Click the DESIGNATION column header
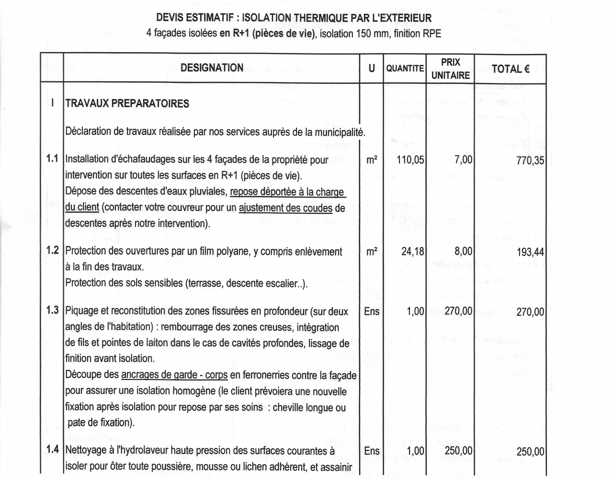pos(212,68)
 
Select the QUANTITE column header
pos(405,68)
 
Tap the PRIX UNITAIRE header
pos(450,68)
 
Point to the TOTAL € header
pos(511,69)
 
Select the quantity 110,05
pos(410,160)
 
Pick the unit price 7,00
pos(463,160)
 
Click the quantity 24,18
pos(412,251)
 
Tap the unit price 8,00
pos(463,251)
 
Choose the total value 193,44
pos(530,252)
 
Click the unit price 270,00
pos(458,311)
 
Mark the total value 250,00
pos(530,451)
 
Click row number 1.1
pos(52,158)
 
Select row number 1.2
pos(52,250)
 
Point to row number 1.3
pos(52,310)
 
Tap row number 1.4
pos(52,449)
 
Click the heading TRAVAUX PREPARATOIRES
pos(127,104)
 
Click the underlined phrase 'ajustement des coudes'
pos(285,208)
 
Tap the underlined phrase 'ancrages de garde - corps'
pos(174,375)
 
